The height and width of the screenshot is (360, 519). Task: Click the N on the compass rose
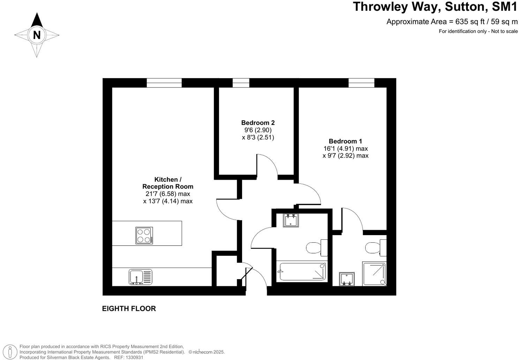coord(37,35)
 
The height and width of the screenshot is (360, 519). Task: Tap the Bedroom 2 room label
coord(258,123)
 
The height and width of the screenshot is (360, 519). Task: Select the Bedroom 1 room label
coord(345,141)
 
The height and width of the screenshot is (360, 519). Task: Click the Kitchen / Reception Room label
coord(168,183)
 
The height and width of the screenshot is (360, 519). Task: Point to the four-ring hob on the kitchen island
coord(144,235)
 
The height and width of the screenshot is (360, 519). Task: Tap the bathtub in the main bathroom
coord(302,272)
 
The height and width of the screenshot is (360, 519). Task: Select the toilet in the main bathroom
coord(316,248)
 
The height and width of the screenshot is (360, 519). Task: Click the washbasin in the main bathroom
coord(291,220)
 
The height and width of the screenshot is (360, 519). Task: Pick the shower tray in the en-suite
coord(375,274)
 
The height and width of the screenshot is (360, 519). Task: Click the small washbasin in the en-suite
coord(347,279)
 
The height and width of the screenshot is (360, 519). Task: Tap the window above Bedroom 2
coord(241,83)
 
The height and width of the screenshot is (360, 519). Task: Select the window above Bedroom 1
coord(361,83)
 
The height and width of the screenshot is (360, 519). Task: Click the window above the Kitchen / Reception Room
coord(164,83)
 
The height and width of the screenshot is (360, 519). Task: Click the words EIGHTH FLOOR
coord(129,309)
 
